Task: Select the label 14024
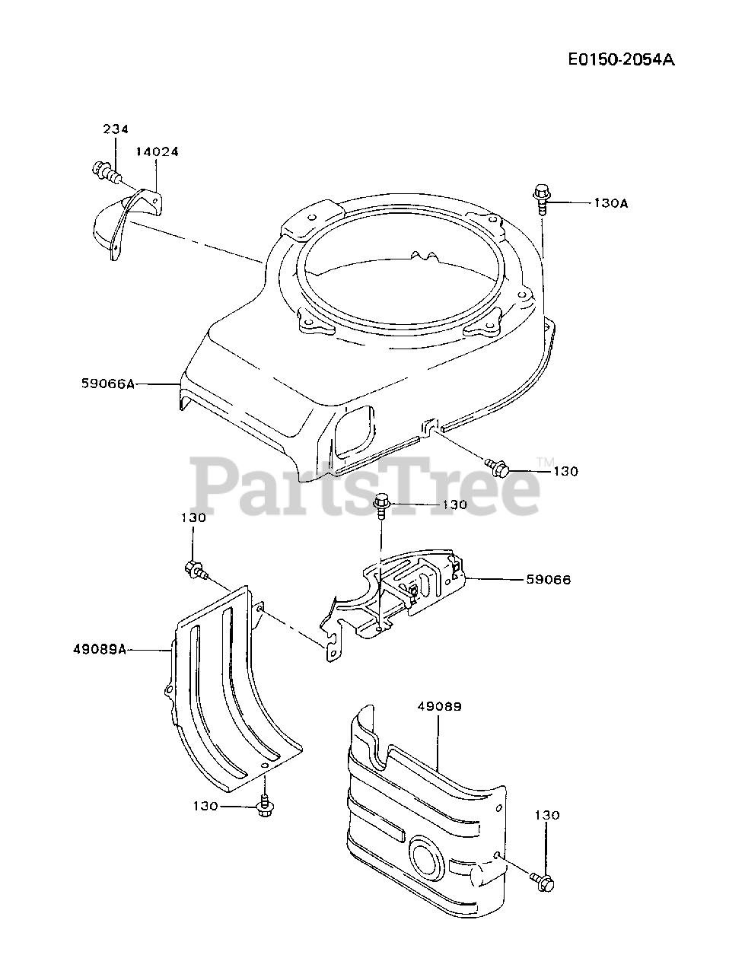click(x=157, y=151)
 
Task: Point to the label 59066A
click(x=107, y=384)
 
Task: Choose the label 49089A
click(x=100, y=650)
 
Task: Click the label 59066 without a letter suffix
click(x=548, y=580)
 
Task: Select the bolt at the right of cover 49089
click(x=543, y=881)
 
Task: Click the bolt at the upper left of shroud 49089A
click(x=194, y=569)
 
